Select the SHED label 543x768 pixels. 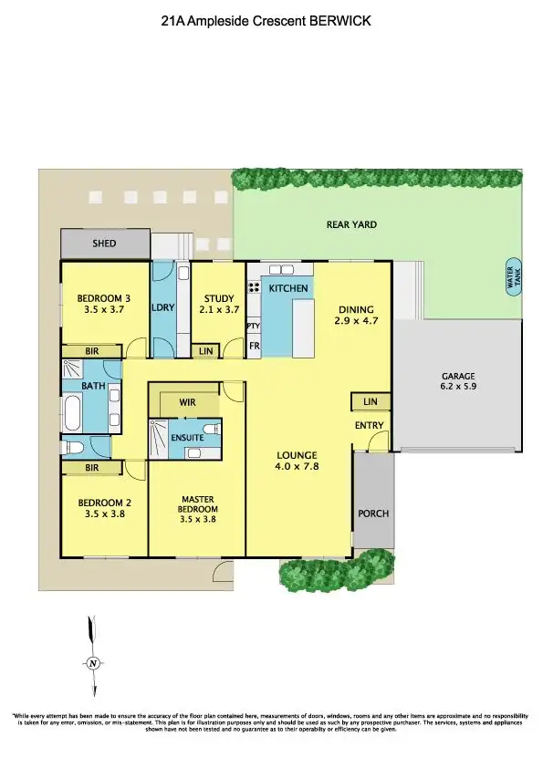click(x=105, y=244)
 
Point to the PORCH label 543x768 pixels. click(x=373, y=514)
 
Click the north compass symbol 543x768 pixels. click(x=92, y=663)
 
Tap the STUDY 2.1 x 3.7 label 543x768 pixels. click(x=219, y=303)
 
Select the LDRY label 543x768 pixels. click(x=163, y=308)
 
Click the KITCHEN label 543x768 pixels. click(x=288, y=289)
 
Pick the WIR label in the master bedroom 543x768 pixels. click(x=186, y=401)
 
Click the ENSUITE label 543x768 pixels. click(x=187, y=438)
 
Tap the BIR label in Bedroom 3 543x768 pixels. click(x=91, y=350)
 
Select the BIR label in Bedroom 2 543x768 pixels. click(x=91, y=468)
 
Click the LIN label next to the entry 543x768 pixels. click(x=370, y=401)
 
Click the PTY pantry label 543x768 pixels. click(x=254, y=326)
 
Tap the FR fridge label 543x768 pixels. click(x=254, y=347)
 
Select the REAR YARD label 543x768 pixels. click(x=351, y=224)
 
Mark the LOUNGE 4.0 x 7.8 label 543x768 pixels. click(x=298, y=461)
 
